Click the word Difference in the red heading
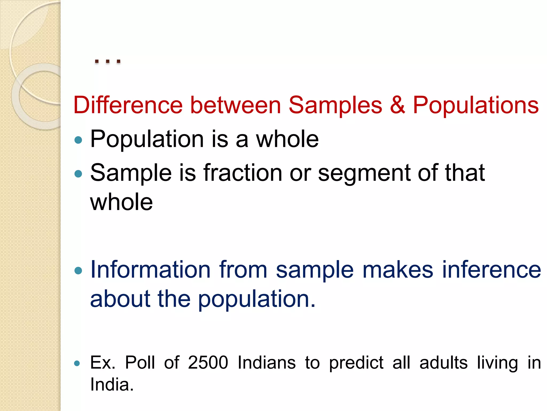click(128, 105)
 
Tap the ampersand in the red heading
click(397, 105)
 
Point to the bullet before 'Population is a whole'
click(78, 140)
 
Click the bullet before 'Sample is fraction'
click(78, 174)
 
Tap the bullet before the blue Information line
click(78, 271)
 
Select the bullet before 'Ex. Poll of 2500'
click(77, 363)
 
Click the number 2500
click(208, 363)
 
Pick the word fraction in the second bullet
click(243, 173)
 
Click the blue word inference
click(491, 269)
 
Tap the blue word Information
click(150, 269)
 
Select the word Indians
click(267, 363)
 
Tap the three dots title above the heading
click(108, 61)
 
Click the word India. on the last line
click(112, 385)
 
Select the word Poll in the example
click(140, 363)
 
